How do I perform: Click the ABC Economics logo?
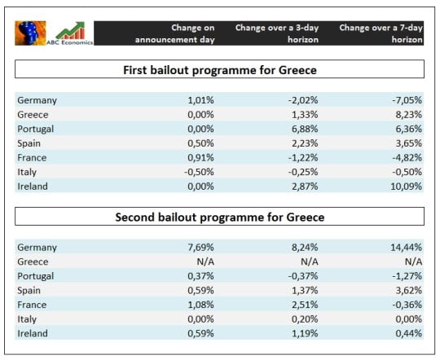(55, 32)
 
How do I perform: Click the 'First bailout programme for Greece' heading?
(219, 69)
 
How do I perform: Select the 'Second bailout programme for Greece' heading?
(219, 217)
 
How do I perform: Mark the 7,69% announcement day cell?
(198, 247)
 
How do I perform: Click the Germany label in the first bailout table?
(37, 100)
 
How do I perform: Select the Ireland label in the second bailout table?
(33, 333)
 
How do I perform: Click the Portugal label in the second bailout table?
(37, 276)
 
